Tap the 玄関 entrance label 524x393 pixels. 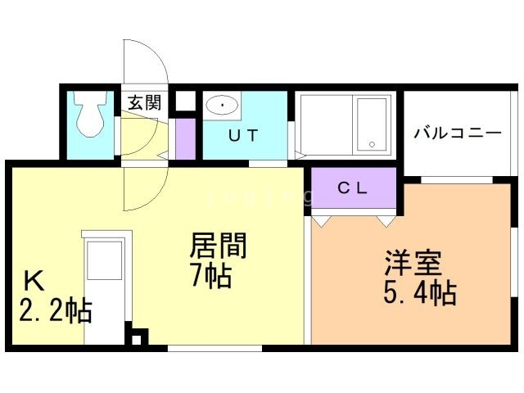point(143,103)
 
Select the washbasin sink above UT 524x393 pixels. point(222,105)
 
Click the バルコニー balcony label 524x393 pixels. point(457,132)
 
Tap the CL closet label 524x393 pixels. point(354,187)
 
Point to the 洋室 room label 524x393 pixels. point(414,262)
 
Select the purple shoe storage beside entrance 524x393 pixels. point(186,138)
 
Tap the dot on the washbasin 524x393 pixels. point(222,103)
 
